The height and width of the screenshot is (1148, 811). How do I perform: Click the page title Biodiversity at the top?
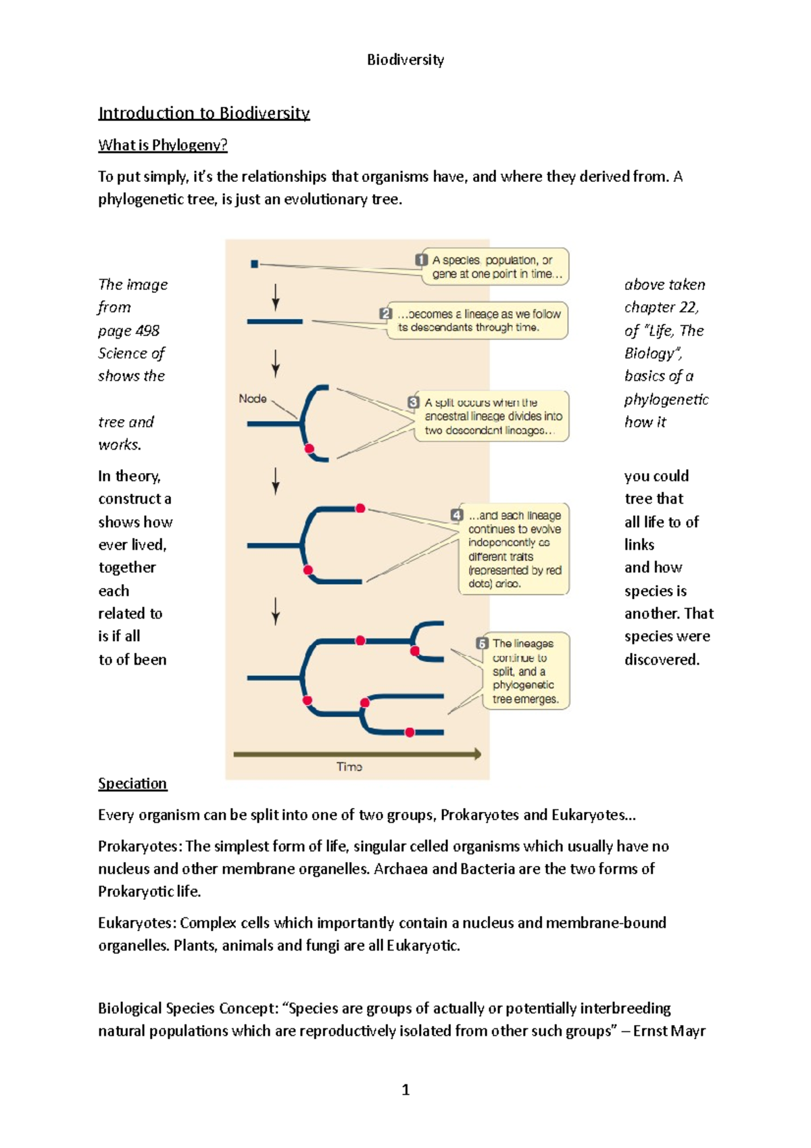click(x=405, y=59)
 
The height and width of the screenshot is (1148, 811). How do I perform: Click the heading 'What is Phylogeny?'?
click(x=162, y=145)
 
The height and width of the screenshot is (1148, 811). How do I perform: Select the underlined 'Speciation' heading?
click(x=132, y=783)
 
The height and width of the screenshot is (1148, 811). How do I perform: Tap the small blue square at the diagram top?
click(x=254, y=264)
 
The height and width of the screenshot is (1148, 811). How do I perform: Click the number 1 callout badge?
click(x=421, y=260)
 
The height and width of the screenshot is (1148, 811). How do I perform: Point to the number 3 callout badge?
click(x=413, y=402)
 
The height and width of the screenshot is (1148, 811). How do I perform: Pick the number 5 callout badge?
click(x=482, y=643)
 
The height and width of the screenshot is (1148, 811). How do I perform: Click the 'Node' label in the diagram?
click(x=253, y=399)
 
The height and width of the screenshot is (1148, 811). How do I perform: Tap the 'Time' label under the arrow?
click(x=349, y=767)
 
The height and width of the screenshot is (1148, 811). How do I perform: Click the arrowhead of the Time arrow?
click(x=477, y=754)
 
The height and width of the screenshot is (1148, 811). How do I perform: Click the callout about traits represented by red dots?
click(x=514, y=549)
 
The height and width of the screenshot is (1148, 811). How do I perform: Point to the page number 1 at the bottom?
click(x=405, y=1089)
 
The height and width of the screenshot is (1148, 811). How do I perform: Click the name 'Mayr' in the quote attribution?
click(x=689, y=1031)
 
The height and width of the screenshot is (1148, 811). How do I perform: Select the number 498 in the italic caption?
click(x=147, y=331)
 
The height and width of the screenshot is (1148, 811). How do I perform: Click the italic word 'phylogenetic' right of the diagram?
click(x=666, y=400)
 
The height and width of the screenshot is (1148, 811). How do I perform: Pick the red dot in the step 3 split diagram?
click(x=310, y=448)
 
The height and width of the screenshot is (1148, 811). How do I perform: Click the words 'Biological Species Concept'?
click(x=186, y=1008)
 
